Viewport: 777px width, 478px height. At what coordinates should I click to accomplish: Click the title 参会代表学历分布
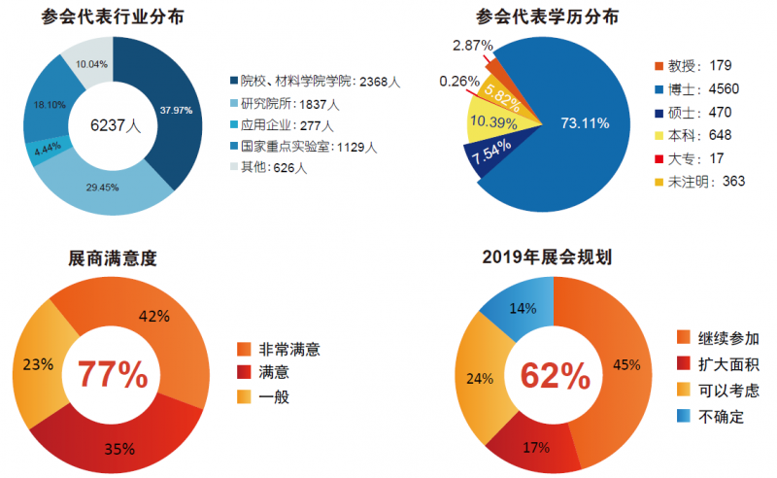549,17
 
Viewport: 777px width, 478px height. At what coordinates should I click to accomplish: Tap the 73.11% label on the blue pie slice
585,122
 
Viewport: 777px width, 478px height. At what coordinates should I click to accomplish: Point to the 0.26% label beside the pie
459,81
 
